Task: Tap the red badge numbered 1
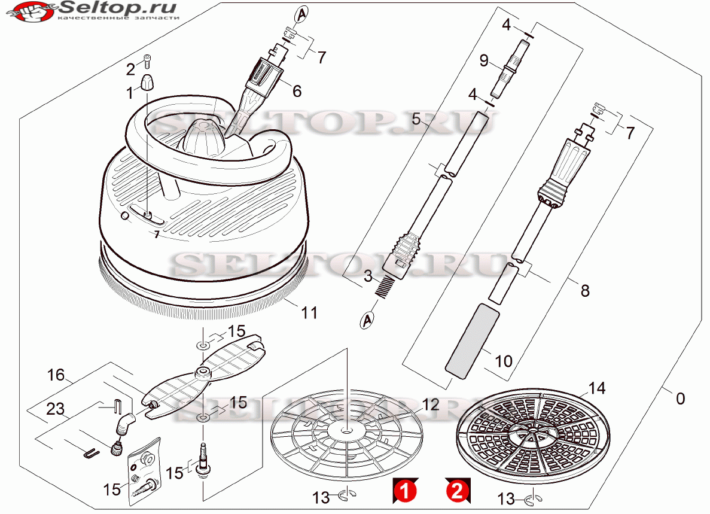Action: coord(406,491)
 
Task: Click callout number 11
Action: coord(309,312)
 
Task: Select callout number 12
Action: coord(430,404)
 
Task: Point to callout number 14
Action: coord(597,388)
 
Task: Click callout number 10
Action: coord(504,361)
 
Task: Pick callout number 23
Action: coord(55,409)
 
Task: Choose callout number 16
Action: coord(56,375)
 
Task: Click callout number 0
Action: coord(680,399)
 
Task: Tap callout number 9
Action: coord(484,60)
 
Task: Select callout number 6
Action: coord(297,91)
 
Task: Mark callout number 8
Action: coord(585,291)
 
